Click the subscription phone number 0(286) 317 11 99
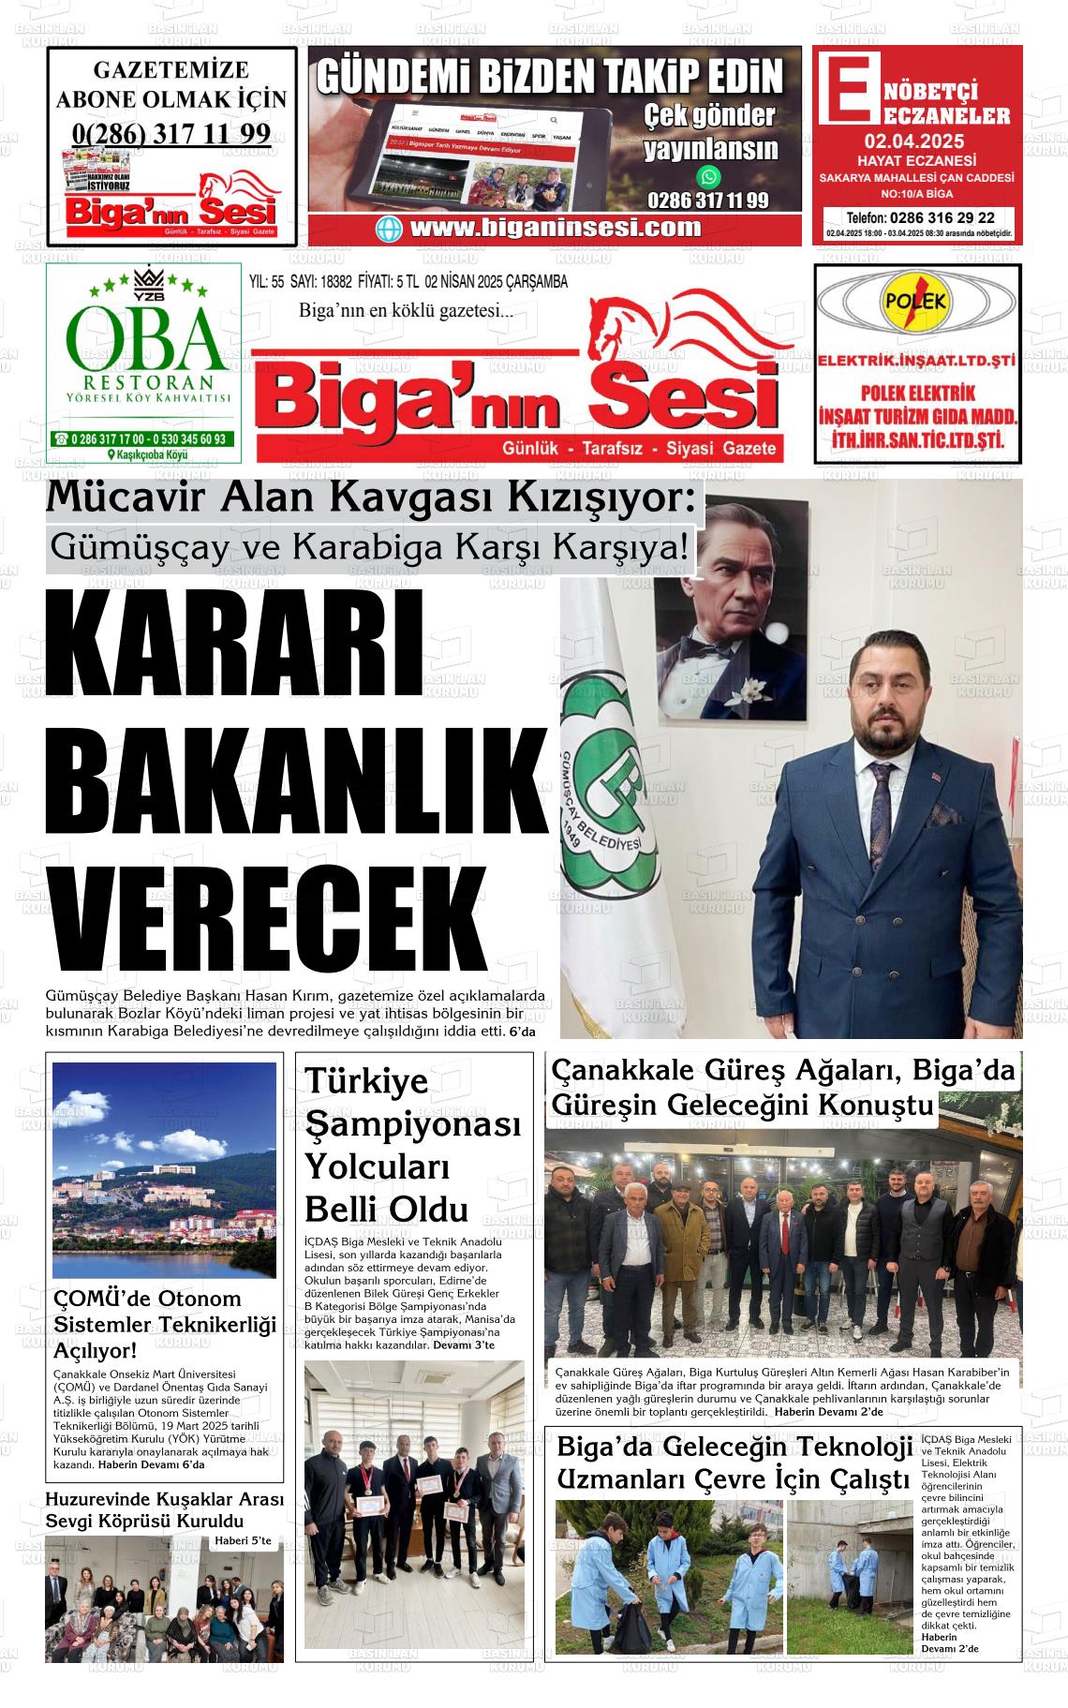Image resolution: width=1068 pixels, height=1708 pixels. [x=171, y=134]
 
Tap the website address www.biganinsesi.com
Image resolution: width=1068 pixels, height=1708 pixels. [x=556, y=228]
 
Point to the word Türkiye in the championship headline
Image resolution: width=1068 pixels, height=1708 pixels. [x=366, y=1080]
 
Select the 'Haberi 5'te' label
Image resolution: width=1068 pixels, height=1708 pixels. [x=243, y=1540]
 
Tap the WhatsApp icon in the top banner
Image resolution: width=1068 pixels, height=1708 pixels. [x=709, y=175]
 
